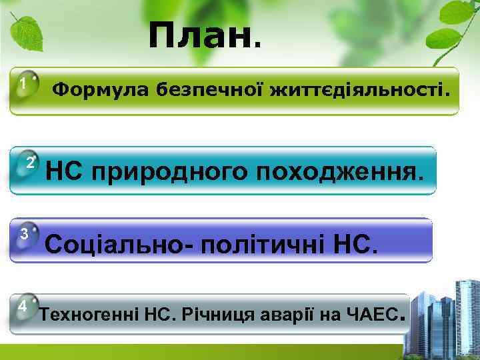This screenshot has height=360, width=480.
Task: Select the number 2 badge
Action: click(30, 163)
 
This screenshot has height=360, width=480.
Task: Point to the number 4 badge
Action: click(23, 306)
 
